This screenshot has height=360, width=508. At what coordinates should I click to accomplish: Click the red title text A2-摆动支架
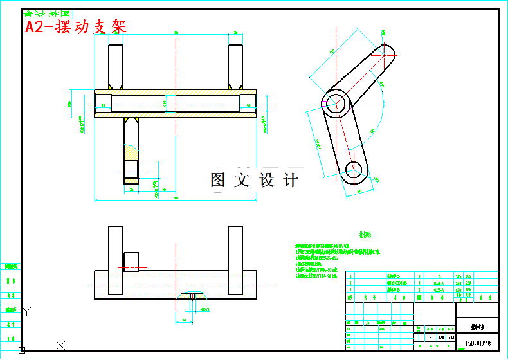point(75,26)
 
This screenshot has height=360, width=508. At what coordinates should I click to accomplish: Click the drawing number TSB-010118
point(476,345)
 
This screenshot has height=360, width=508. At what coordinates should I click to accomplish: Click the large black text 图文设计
point(255,181)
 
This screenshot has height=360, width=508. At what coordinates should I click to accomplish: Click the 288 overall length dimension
point(176,199)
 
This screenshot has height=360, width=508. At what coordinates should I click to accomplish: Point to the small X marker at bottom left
point(60,345)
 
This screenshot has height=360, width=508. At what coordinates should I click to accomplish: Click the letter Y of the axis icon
point(26,311)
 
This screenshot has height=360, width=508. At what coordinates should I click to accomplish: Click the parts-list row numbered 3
point(350,274)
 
